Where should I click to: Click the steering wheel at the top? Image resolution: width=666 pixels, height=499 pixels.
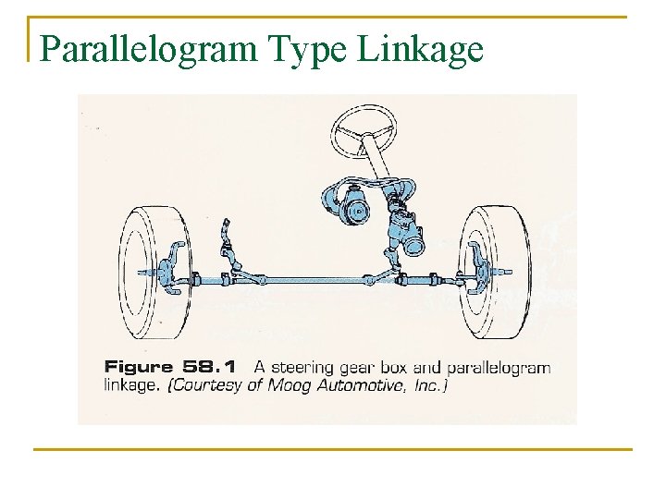[365, 129]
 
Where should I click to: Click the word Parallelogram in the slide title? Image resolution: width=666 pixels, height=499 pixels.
[150, 49]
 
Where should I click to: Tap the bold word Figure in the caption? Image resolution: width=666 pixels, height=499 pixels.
[139, 367]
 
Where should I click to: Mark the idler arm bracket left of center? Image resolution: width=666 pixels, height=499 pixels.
[227, 249]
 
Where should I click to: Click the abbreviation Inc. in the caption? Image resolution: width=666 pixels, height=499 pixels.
[429, 385]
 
